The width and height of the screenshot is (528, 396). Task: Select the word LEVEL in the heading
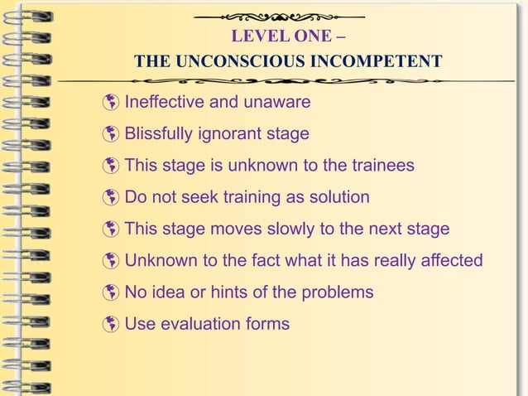(256, 37)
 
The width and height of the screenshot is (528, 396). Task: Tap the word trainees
(381, 166)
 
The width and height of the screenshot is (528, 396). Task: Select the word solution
(338, 197)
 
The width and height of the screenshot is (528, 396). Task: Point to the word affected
(451, 260)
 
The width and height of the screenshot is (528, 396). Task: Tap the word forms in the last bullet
(266, 323)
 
